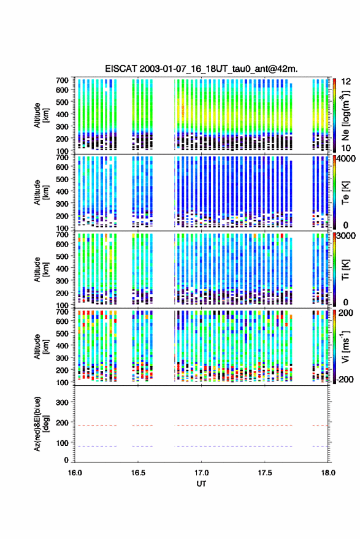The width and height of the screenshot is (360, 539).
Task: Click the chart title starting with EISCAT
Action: point(201,69)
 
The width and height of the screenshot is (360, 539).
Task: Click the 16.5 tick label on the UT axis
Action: point(138,473)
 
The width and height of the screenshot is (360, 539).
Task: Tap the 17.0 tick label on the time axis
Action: point(201,473)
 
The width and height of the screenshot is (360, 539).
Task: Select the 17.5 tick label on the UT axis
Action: point(264,473)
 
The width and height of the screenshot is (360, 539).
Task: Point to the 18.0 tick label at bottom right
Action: point(328,473)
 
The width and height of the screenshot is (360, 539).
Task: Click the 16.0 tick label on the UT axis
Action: point(75,473)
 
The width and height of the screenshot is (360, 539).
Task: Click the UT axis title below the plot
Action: point(201,484)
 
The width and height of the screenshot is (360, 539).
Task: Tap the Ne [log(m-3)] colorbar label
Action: point(345,115)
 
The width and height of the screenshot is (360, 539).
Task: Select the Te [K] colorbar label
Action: point(345,193)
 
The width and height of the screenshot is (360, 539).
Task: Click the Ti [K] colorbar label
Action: point(345,270)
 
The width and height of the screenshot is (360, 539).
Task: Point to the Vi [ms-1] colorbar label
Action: point(345,346)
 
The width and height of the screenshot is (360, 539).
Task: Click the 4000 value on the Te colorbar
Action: point(347,159)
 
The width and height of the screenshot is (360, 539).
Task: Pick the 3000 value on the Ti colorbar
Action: point(347,236)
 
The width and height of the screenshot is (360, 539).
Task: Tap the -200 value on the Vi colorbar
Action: point(345,379)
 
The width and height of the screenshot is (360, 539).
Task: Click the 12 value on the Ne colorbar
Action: point(346,82)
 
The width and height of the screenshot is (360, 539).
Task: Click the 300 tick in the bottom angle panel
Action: point(62,402)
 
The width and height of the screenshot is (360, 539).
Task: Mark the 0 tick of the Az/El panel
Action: point(66,460)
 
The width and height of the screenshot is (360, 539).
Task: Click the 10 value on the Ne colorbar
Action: point(346,148)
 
